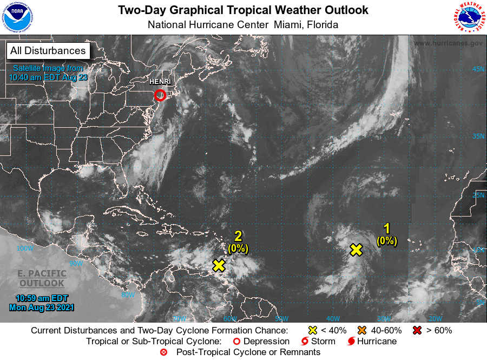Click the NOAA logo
coord(17,17)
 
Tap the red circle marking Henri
coord(160,95)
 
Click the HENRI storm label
coord(160,82)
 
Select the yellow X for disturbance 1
coord(356,250)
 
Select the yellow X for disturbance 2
coord(219,265)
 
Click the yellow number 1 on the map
coord(387,228)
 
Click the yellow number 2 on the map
coord(238,235)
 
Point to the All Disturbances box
coord(48,51)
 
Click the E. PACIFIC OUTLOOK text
coord(42,278)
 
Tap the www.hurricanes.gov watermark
coord(448,43)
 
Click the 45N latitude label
coord(478,69)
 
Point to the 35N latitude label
coord(478,136)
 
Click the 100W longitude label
coord(25,248)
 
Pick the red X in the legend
coord(417,330)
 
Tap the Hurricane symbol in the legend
coord(351,342)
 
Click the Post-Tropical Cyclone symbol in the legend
coord(163,352)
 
